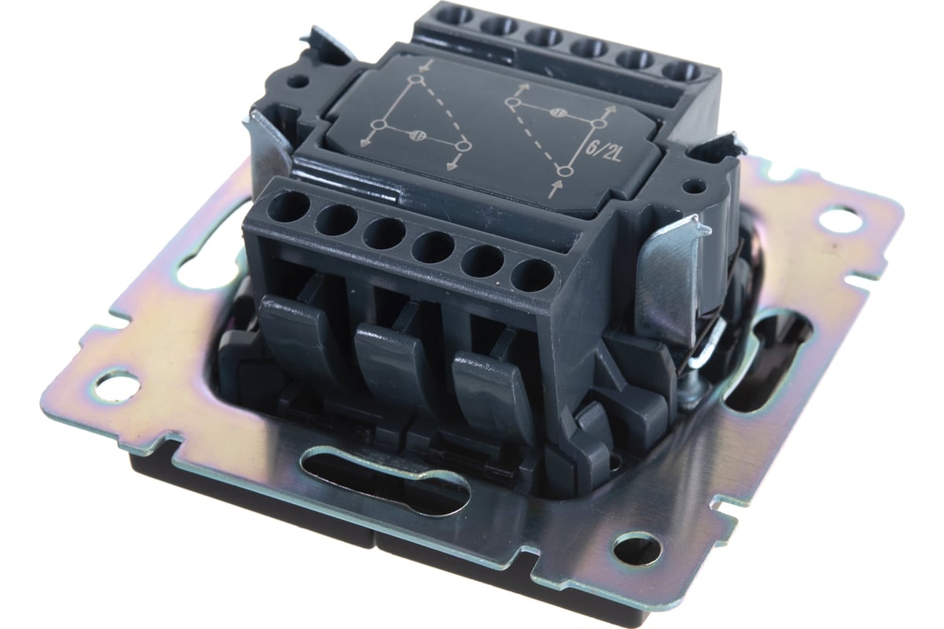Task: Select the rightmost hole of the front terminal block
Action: (533, 277)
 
